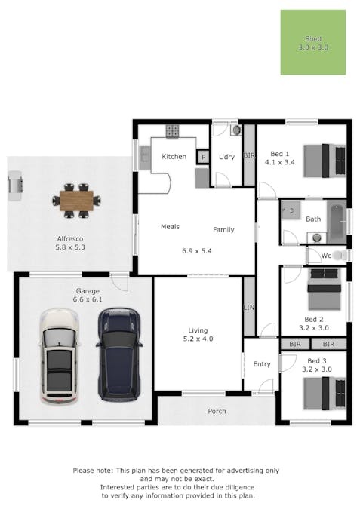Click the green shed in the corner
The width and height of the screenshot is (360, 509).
[x=312, y=42]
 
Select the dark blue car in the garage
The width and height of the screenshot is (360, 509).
[x=119, y=352]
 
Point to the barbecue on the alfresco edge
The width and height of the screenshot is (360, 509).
[x=15, y=186]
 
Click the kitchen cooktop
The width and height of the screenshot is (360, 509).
[x=173, y=130]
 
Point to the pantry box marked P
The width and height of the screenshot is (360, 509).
[x=202, y=157]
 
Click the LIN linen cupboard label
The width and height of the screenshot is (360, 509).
[x=248, y=308]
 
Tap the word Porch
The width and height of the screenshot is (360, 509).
[x=217, y=411]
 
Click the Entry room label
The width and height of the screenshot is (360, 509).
[x=261, y=364]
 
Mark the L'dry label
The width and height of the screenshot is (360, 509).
[x=226, y=157]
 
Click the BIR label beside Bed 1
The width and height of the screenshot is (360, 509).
[x=248, y=155]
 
